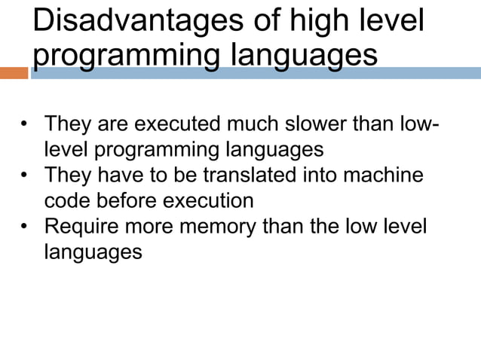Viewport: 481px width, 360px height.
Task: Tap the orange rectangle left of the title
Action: (x=14, y=73)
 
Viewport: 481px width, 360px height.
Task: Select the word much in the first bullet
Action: (x=257, y=124)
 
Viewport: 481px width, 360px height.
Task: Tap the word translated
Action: (x=240, y=175)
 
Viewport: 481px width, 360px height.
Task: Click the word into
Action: (x=311, y=175)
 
